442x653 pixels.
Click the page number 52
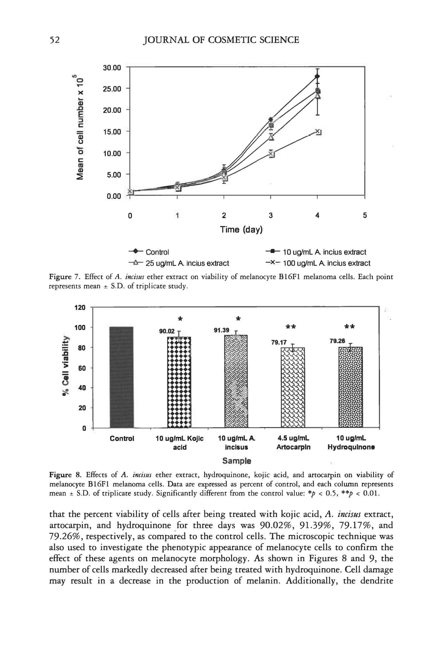pyautogui.click(x=54, y=40)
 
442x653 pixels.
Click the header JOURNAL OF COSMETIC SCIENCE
pyautogui.click(x=221, y=40)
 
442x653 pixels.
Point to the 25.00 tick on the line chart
pyautogui.click(x=112, y=89)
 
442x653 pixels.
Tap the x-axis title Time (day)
pyautogui.click(x=241, y=229)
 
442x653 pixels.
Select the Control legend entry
pyautogui.click(x=157, y=252)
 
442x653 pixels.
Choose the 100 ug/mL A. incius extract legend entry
pyautogui.click(x=326, y=263)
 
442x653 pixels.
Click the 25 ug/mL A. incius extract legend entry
pyautogui.click(x=187, y=263)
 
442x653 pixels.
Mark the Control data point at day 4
pyautogui.click(x=318, y=76)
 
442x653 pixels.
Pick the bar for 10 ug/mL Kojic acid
pyautogui.click(x=179, y=382)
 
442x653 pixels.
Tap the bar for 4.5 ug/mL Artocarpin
pyautogui.click(x=293, y=388)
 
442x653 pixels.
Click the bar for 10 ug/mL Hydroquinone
pyautogui.click(x=350, y=388)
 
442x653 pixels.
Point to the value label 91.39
pyautogui.click(x=221, y=330)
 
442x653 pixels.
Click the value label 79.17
pyautogui.click(x=279, y=342)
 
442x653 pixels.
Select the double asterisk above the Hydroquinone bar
pyautogui.click(x=350, y=327)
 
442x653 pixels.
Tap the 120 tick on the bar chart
pyautogui.click(x=80, y=307)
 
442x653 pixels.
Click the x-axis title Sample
pyautogui.click(x=236, y=461)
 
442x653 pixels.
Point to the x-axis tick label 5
pyautogui.click(x=365, y=215)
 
